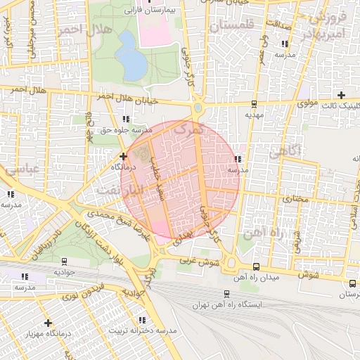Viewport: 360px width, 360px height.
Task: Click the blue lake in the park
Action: pyautogui.click(x=131, y=61)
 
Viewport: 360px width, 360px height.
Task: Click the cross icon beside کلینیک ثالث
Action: pyautogui.click(x=342, y=95)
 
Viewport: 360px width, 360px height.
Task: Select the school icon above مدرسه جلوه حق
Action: pyautogui.click(x=126, y=120)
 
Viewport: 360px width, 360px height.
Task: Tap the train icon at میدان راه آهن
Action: pyautogui.click(x=255, y=267)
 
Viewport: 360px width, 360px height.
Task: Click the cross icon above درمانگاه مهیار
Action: pyautogui.click(x=48, y=323)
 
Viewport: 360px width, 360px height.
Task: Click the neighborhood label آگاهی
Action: pyautogui.click(x=285, y=150)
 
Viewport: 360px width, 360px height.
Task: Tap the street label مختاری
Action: pyautogui.click(x=296, y=199)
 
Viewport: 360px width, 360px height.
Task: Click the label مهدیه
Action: pyautogui.click(x=253, y=113)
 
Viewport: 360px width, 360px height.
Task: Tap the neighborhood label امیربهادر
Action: pyautogui.click(x=328, y=34)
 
